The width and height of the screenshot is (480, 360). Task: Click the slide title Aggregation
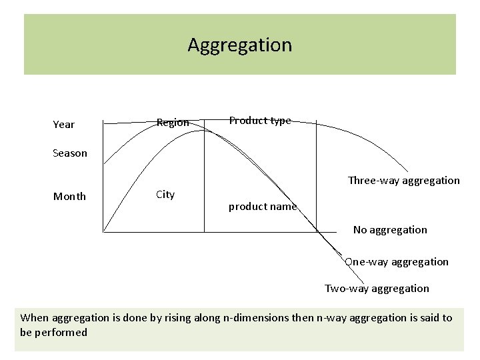point(239,45)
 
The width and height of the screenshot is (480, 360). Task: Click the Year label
point(63,125)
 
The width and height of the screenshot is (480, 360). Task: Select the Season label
point(70,153)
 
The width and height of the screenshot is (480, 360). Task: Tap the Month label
point(69,196)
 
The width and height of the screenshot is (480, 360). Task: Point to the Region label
point(173,123)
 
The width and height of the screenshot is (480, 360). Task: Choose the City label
point(165,195)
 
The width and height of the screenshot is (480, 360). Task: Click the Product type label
point(260,121)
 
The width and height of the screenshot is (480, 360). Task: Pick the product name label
point(262,207)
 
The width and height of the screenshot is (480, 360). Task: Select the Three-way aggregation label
point(403,180)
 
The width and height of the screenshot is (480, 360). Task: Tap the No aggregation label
point(390,230)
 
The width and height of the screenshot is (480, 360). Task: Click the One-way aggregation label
point(397,262)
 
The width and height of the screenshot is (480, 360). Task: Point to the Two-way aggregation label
point(377,289)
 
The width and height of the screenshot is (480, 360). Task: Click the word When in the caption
point(35,318)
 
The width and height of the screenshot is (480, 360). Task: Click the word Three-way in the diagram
point(371,180)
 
